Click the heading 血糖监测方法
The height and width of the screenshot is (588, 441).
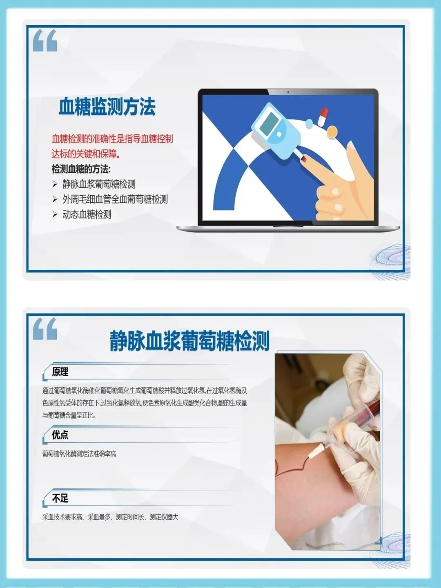[x=107, y=107]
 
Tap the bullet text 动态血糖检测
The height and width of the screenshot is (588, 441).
[x=87, y=214]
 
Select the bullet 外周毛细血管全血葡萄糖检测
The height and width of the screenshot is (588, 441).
[x=115, y=199]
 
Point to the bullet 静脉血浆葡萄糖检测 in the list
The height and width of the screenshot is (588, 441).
[x=99, y=184]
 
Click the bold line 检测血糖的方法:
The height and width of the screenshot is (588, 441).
[x=81, y=169]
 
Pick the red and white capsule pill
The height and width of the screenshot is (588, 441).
[x=323, y=117]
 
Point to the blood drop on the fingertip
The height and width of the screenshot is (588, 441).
[x=304, y=159]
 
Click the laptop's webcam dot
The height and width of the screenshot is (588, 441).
[x=288, y=92]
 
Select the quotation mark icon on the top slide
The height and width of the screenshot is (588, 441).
[x=45, y=40]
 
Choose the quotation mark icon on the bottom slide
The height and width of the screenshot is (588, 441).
[x=45, y=329]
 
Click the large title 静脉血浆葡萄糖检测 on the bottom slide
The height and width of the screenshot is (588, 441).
[x=189, y=341]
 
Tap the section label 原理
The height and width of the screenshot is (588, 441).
[x=60, y=372]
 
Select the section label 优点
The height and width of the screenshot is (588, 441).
[x=60, y=435]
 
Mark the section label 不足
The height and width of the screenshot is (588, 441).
[x=60, y=498]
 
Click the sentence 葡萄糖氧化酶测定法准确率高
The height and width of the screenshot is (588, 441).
[x=79, y=454]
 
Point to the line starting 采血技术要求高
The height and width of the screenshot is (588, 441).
[x=110, y=517]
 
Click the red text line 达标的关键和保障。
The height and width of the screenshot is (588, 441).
[x=86, y=154]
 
